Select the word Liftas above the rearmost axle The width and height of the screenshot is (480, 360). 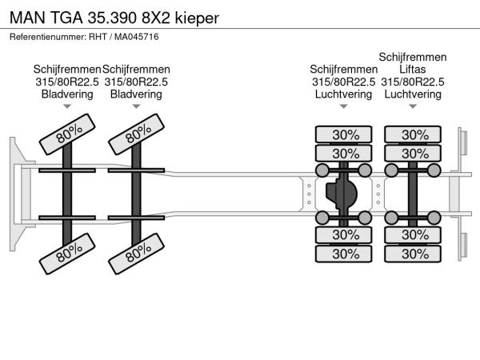click(413, 69)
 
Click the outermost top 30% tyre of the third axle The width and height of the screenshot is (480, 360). click(345, 134)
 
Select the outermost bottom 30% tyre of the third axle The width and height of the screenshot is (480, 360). click(345, 254)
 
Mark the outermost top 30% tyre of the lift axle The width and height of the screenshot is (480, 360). click(414, 134)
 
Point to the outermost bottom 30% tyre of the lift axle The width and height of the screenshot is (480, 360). click(414, 254)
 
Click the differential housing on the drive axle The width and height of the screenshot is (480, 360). click(342, 194)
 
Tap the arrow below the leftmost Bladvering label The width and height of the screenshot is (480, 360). click(67, 106)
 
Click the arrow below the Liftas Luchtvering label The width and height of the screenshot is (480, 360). click(413, 106)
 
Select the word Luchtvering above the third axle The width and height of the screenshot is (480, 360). click(343, 94)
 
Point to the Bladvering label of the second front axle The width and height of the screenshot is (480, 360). click(136, 94)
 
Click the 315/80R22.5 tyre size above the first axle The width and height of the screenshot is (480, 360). click(67, 82)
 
